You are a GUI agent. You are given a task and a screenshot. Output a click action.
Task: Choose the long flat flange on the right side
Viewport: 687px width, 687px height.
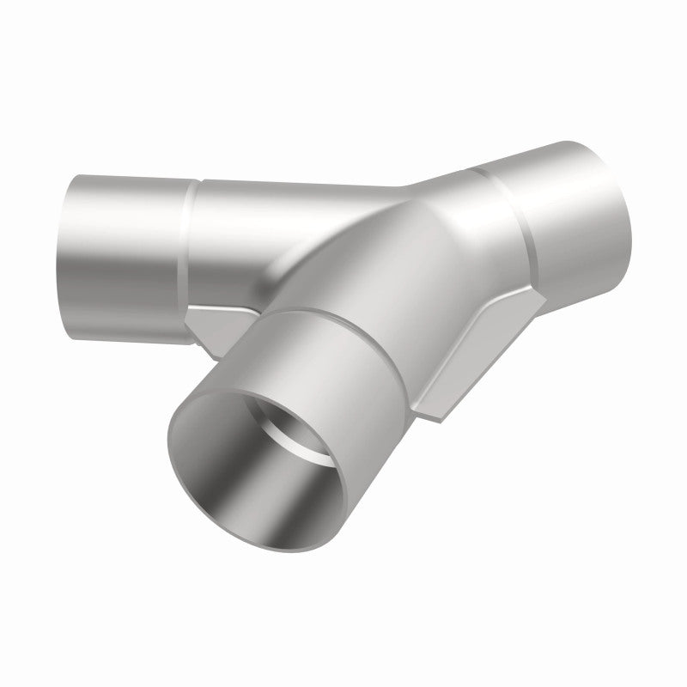[x=481, y=343]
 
